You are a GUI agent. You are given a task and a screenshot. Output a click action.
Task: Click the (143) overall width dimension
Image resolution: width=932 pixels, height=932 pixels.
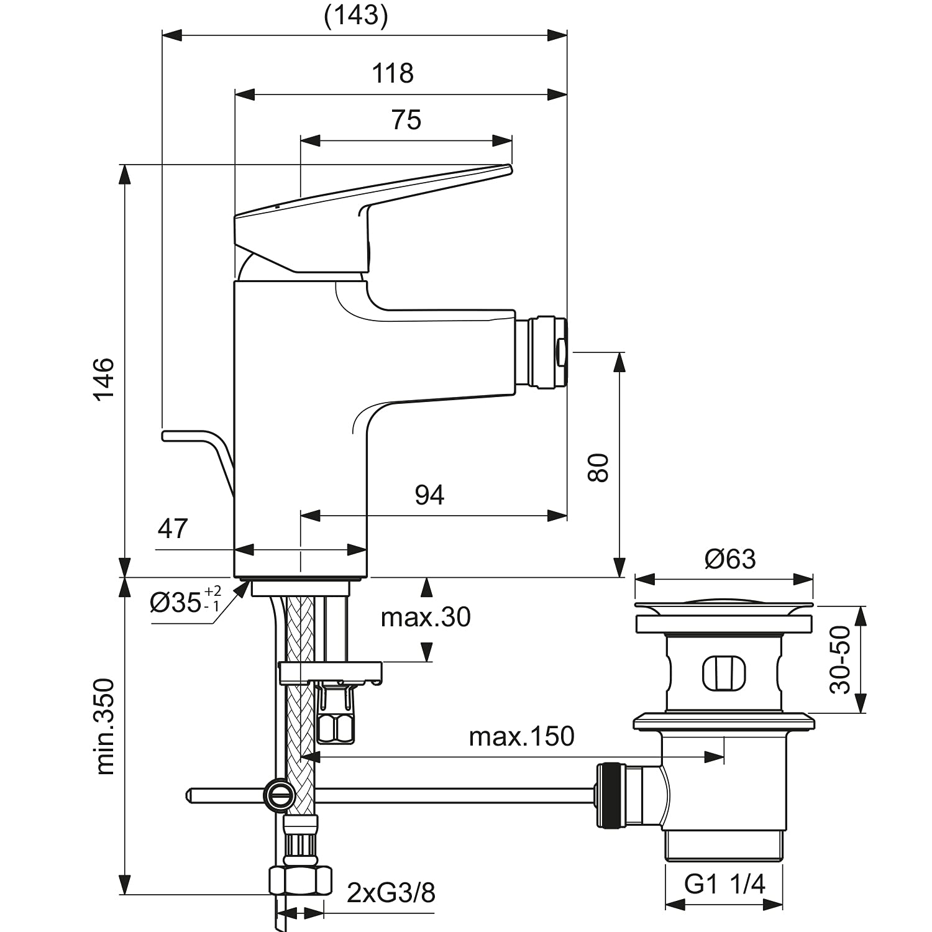[x=356, y=16]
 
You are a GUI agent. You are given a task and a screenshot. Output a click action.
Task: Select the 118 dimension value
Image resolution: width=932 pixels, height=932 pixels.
[x=393, y=73]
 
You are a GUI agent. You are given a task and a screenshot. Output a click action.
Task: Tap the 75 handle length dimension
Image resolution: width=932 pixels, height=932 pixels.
[x=406, y=120]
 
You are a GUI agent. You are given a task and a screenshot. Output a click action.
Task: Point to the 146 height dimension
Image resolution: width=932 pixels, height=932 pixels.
[x=104, y=379]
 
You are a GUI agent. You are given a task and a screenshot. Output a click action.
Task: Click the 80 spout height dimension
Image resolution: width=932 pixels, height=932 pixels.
[x=598, y=468]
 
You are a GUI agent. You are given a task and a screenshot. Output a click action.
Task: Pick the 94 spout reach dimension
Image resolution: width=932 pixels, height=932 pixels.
[x=430, y=495]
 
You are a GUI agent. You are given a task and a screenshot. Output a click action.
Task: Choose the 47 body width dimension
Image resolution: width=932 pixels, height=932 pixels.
[x=173, y=529]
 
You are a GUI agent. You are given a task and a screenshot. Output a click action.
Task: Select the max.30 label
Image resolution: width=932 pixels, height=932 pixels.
[x=426, y=617]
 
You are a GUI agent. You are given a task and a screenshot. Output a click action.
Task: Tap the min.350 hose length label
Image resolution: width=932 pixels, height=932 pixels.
[x=106, y=727]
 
